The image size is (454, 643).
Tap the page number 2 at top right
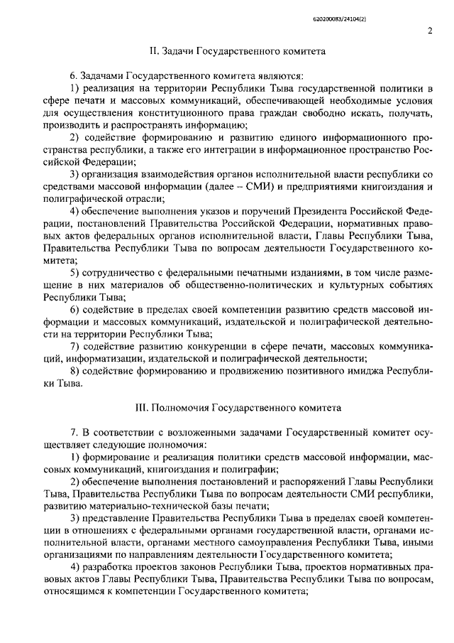(x=430, y=31)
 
